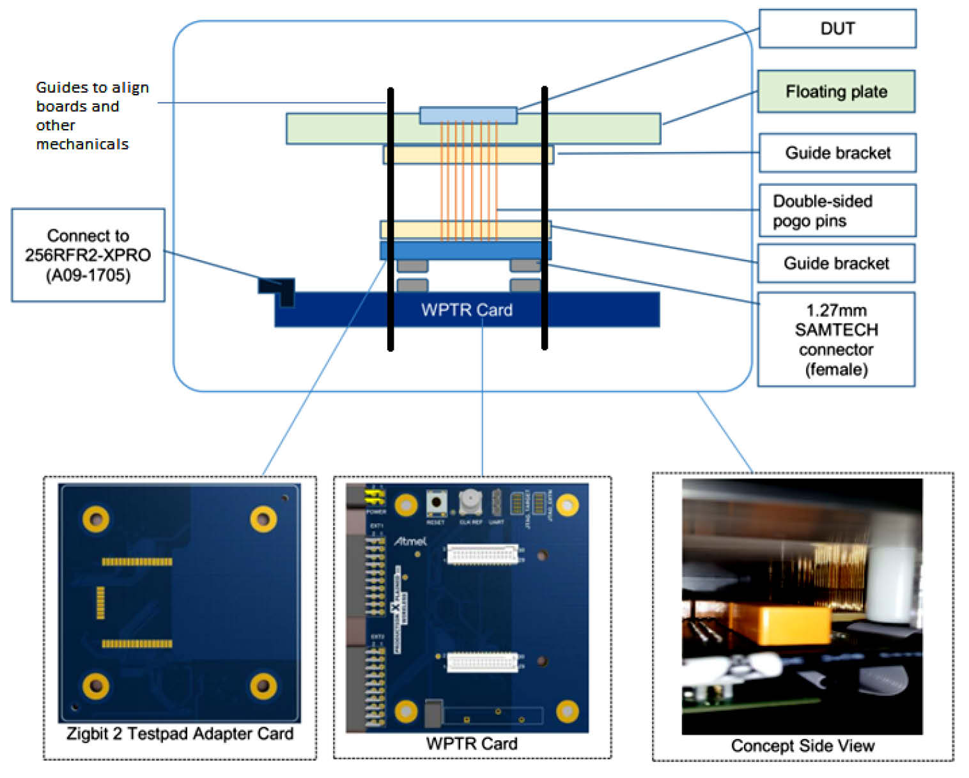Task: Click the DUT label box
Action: click(x=837, y=29)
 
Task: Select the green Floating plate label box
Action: click(x=836, y=92)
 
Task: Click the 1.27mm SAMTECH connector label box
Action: click(x=836, y=339)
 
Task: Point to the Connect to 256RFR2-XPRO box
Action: click(x=88, y=255)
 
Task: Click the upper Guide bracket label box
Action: click(x=837, y=153)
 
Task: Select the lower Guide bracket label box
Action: click(x=836, y=263)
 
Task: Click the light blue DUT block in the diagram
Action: click(x=468, y=115)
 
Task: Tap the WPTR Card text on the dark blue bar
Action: click(x=467, y=310)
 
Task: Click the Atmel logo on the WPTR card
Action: click(x=410, y=541)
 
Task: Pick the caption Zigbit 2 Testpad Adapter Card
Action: click(x=180, y=734)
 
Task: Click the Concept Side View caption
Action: click(x=802, y=745)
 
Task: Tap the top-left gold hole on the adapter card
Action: click(x=96, y=519)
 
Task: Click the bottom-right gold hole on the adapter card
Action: click(x=263, y=686)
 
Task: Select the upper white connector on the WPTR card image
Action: click(x=483, y=554)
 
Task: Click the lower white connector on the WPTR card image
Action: click(x=483, y=662)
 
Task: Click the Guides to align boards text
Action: click(x=92, y=116)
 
